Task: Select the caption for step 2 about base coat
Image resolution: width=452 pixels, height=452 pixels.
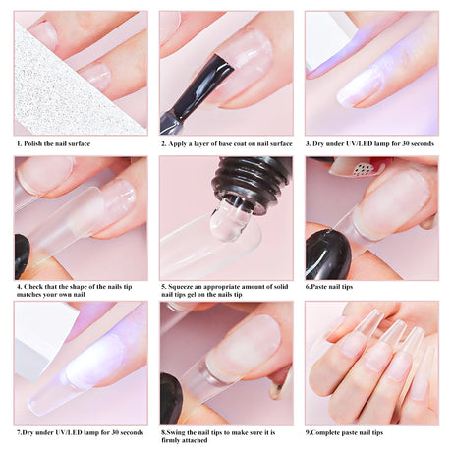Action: coord(227,143)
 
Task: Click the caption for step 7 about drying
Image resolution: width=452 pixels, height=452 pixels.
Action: coord(80,432)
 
